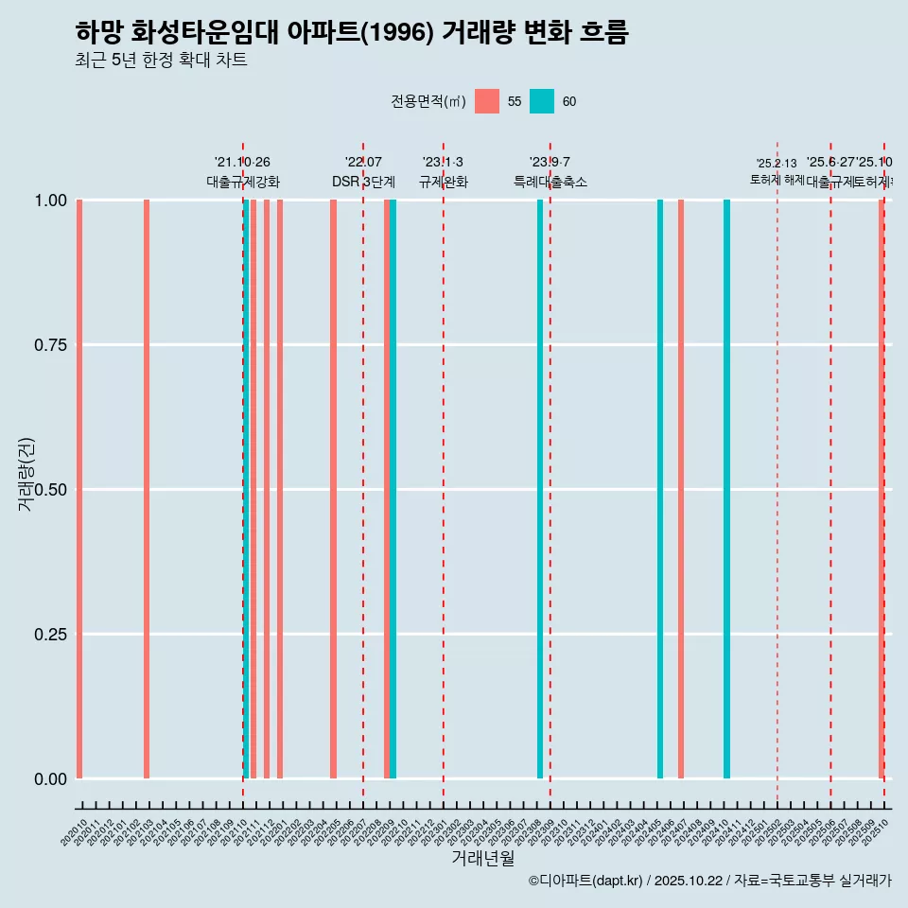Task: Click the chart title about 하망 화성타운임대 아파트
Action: (x=351, y=32)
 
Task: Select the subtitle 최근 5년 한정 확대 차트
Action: (x=161, y=61)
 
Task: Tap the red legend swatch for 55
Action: (x=486, y=101)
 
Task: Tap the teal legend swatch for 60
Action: (x=541, y=101)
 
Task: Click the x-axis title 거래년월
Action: (x=482, y=858)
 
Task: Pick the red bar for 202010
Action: (x=79, y=489)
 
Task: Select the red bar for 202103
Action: (x=147, y=489)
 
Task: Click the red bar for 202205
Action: (x=333, y=489)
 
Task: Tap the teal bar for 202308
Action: (x=540, y=489)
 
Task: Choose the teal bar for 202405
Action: (x=660, y=489)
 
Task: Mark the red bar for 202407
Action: (x=681, y=489)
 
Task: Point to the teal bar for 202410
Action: (x=726, y=489)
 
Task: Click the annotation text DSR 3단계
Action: (x=363, y=182)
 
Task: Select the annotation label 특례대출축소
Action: (x=550, y=182)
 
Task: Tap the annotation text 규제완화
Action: (x=444, y=182)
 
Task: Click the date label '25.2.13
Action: (x=777, y=164)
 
